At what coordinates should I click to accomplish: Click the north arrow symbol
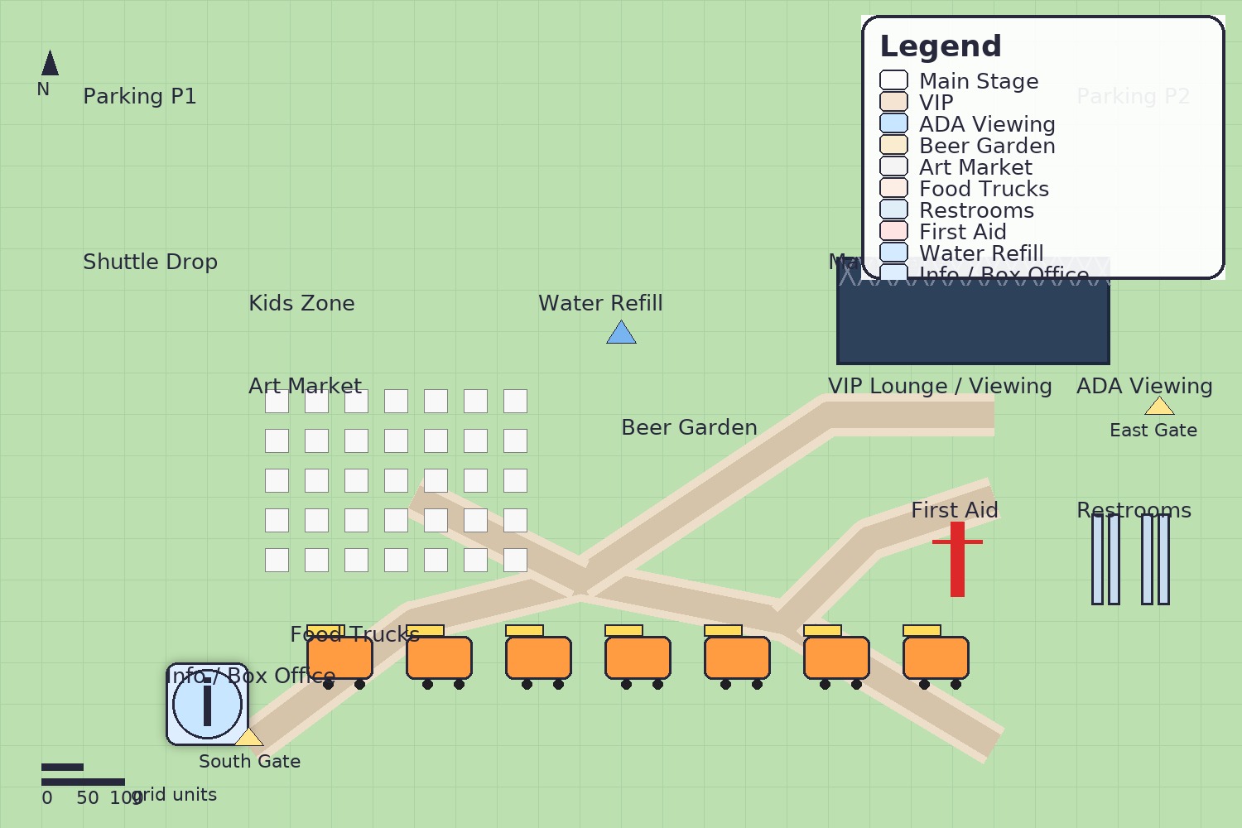50,64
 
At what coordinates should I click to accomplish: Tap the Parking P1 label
139,96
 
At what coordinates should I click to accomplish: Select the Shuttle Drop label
150,262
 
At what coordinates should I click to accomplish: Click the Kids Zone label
301,303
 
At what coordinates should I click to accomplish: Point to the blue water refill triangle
621,334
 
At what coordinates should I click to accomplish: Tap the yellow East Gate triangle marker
1159,407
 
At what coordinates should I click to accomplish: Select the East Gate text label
1153,431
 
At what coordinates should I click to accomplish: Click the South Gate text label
249,762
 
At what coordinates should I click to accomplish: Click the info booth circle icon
207,704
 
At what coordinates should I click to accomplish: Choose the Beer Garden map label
689,427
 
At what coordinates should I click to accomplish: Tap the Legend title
940,46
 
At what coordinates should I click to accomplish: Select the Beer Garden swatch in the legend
893,145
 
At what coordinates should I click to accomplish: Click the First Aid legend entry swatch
893,231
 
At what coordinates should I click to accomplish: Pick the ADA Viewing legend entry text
987,124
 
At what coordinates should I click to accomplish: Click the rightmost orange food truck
936,657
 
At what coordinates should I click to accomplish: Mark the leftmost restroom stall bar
1097,559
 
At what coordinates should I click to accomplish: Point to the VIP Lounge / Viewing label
940,386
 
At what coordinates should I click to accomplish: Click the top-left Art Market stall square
277,401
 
